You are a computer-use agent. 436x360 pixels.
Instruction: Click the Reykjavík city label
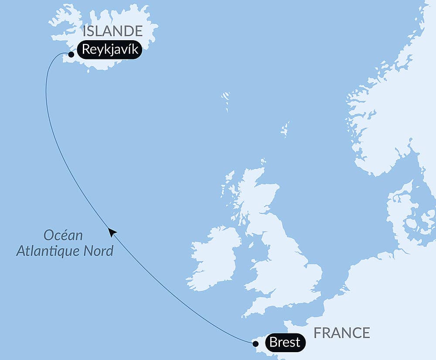coord(110,50)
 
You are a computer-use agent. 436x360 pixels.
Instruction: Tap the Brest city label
coord(285,342)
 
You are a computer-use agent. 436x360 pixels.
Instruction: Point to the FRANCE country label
coord(341,333)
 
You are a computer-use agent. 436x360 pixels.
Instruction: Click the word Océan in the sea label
coord(63,236)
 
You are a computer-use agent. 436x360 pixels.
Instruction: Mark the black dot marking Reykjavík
coord(71,55)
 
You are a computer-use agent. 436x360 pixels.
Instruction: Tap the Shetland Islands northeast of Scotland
coord(285,130)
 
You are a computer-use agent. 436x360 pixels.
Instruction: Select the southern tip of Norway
coord(371,168)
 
